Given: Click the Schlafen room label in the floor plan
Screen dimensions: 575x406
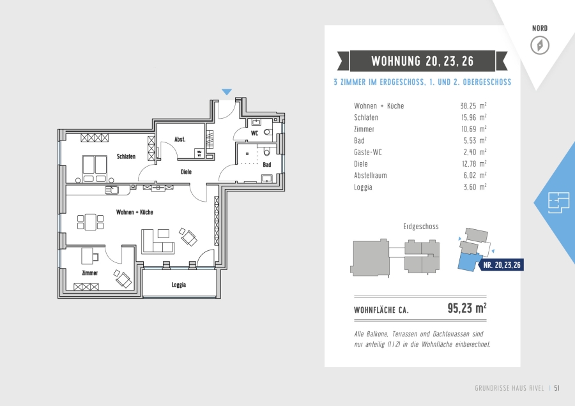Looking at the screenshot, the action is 126,156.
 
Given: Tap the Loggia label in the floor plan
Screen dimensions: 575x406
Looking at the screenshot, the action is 179,285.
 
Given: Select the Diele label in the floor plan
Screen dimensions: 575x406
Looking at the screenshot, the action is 186,172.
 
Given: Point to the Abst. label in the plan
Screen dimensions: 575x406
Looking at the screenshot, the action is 180,139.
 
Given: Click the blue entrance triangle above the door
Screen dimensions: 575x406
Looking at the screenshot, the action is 227,92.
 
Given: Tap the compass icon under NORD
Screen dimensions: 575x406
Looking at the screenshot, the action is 540,45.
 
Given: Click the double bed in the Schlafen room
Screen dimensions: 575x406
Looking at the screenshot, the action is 95,169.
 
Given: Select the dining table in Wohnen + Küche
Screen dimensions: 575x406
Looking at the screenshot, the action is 91,222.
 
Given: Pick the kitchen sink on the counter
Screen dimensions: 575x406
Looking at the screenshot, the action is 112,190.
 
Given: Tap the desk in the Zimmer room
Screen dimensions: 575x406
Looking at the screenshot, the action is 87,256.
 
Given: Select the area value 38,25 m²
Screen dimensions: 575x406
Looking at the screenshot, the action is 473,106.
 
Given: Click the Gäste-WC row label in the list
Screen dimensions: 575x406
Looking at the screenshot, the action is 368,152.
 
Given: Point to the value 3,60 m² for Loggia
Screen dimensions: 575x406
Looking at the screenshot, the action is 475,187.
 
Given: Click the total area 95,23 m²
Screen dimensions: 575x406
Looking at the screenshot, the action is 467,308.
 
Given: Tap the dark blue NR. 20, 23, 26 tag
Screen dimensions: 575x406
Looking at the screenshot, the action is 502,265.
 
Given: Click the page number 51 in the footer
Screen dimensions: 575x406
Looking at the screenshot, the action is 556,388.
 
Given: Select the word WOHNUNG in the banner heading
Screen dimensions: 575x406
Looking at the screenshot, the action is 395,61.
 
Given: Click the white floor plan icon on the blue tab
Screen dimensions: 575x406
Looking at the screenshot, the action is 558,202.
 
